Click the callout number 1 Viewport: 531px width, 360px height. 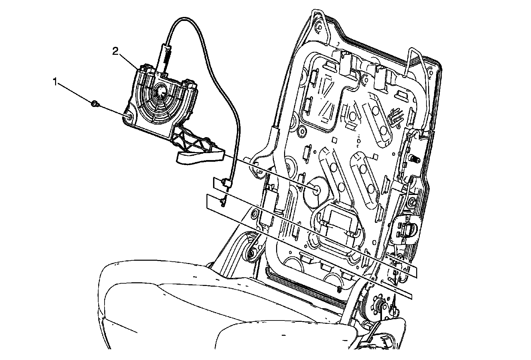point(55,81)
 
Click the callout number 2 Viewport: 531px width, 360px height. point(115,51)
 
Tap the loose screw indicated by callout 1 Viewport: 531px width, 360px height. point(94,104)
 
